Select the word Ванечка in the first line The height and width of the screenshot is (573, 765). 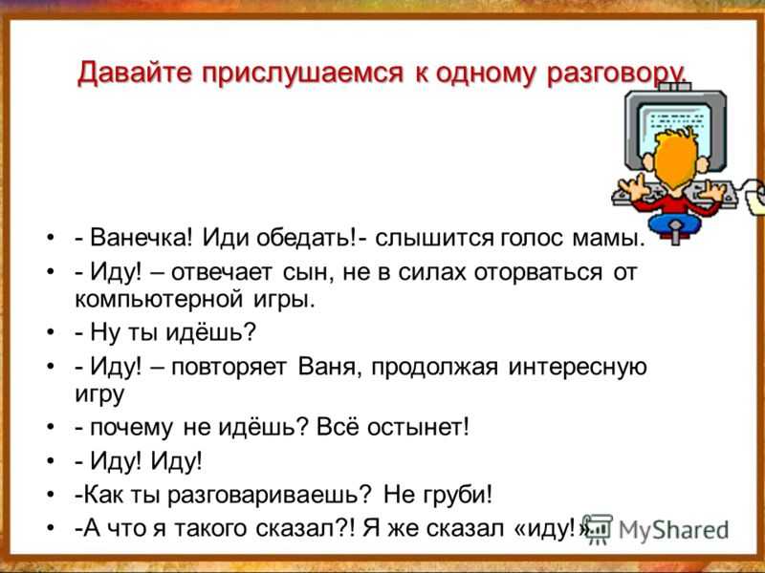click(142, 238)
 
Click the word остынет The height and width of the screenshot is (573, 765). click(417, 428)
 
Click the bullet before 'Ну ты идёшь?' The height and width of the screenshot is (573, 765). click(51, 332)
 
